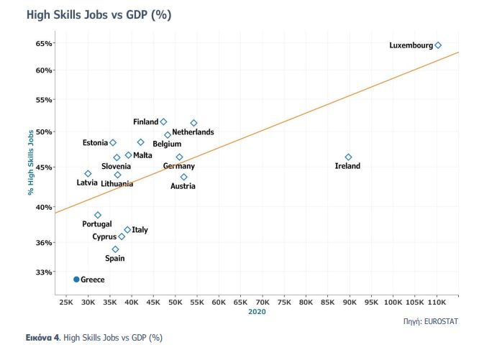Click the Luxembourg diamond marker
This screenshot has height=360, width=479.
point(438,45)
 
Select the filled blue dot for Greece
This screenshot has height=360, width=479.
point(76,279)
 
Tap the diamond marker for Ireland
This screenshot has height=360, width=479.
point(348,157)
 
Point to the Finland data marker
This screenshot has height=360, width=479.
point(163,122)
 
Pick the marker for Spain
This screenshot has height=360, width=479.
point(115,249)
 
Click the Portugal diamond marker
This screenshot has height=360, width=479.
point(98,215)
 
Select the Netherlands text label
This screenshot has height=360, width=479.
point(193,132)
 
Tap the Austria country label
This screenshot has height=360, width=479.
point(183,186)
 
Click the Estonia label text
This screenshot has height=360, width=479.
point(94,142)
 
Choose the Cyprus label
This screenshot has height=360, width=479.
point(104,236)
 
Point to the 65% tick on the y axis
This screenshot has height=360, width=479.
point(44,43)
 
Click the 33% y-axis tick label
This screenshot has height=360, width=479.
point(44,272)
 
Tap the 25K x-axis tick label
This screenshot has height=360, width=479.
point(65,303)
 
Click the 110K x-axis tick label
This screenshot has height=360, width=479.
point(437,303)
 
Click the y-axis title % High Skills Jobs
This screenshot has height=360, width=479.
point(31,162)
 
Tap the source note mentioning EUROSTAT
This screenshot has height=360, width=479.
point(430,321)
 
